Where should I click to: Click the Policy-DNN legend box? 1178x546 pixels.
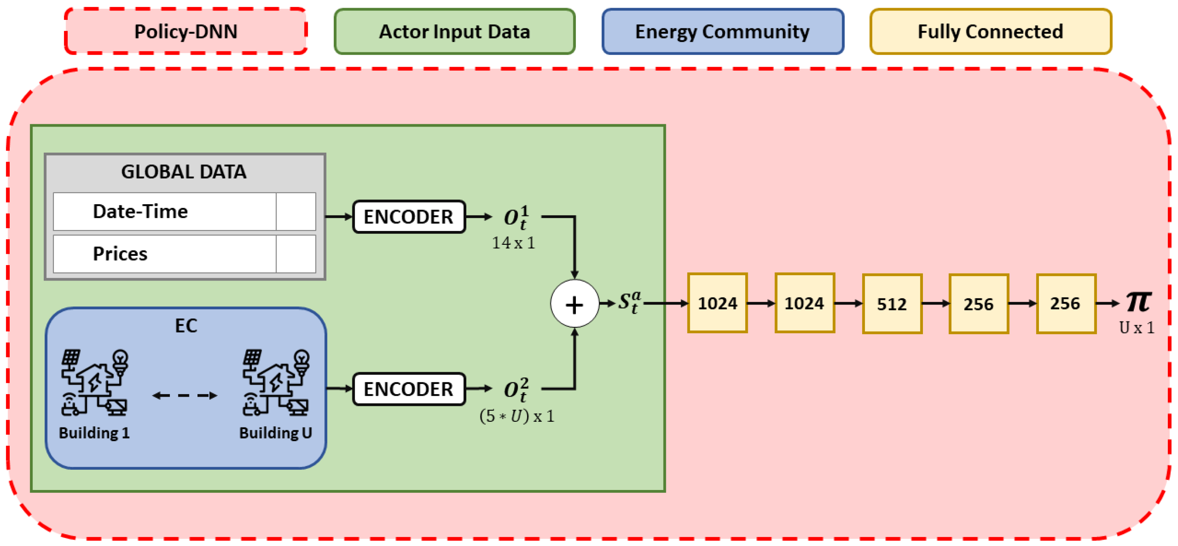point(186,31)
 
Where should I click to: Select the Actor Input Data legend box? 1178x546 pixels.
point(454,31)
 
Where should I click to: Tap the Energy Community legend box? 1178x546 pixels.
point(723,31)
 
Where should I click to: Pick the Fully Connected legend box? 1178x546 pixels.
point(991,31)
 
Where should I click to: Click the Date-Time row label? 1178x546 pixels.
point(140,211)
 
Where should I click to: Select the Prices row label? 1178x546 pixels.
point(120,254)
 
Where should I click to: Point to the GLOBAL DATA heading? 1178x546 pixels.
point(184,172)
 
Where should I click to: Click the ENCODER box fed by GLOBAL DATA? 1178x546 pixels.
point(409,216)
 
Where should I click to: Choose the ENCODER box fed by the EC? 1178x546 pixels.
point(409,389)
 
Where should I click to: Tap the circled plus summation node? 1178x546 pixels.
point(574,304)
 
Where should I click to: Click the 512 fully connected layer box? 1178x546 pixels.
point(892,304)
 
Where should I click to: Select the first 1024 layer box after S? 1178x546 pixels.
point(717,303)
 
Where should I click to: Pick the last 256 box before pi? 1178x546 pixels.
point(1066,303)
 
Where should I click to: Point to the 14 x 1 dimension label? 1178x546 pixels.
point(513,243)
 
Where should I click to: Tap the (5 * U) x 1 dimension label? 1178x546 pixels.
point(517,416)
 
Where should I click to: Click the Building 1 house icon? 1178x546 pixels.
point(94,383)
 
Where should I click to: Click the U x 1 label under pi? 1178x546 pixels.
point(1137,328)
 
